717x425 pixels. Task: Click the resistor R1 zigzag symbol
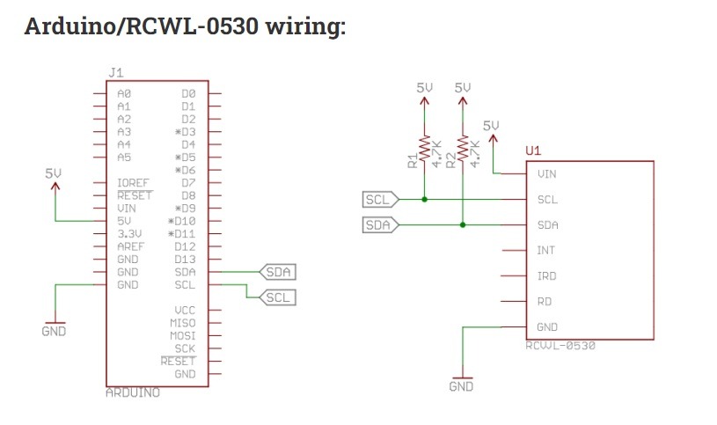coord(424,147)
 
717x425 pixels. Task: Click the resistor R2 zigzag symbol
coord(463,147)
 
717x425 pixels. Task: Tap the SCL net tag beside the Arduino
coord(278,297)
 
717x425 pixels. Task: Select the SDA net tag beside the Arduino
coord(278,272)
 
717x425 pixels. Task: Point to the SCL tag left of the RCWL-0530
coord(380,200)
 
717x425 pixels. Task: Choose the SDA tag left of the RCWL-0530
coord(380,225)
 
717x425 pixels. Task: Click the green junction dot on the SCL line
coord(424,200)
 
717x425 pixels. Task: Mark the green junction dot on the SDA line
coord(463,225)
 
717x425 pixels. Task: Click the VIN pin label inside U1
coord(547,174)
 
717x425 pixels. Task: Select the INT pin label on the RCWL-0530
coord(546,250)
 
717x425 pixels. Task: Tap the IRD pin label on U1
coord(547,276)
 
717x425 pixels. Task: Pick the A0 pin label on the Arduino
coord(124,93)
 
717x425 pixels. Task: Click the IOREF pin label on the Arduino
coord(133,182)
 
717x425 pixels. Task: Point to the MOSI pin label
coord(182,335)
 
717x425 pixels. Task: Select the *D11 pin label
coord(181,234)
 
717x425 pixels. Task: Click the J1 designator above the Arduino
coord(116,73)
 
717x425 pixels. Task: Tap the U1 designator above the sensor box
coord(533,150)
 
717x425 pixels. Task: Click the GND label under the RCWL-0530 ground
coord(461,386)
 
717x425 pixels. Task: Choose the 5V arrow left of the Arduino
coord(55,202)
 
